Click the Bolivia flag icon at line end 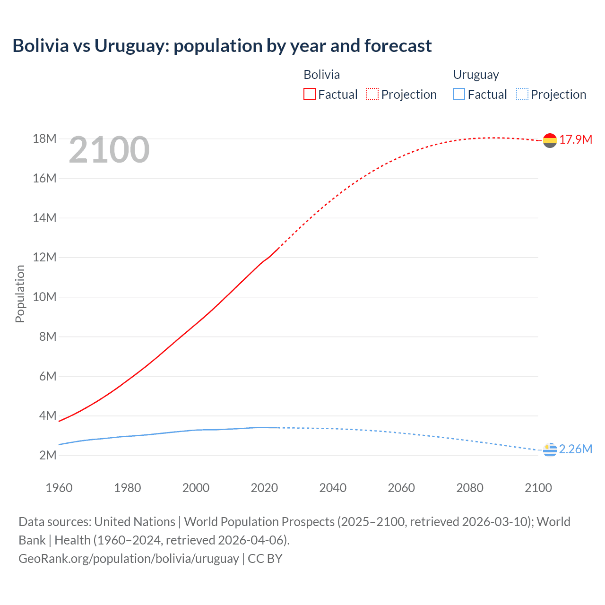(550, 140)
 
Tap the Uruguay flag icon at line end (550, 450)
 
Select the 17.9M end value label (576, 139)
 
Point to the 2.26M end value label (576, 449)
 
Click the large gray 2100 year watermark (109, 150)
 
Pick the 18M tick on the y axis (44, 138)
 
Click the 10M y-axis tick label (44, 297)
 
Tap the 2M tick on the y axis (47, 455)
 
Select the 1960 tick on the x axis (59, 488)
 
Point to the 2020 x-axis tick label (264, 488)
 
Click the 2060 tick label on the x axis (401, 488)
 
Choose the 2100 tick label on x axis (538, 488)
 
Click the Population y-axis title (20, 294)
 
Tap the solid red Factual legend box (309, 94)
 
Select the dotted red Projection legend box (372, 94)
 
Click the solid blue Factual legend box (458, 94)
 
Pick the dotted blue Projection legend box (522, 94)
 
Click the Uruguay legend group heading (476, 75)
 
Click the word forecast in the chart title (398, 46)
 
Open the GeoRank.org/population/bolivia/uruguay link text (129, 559)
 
